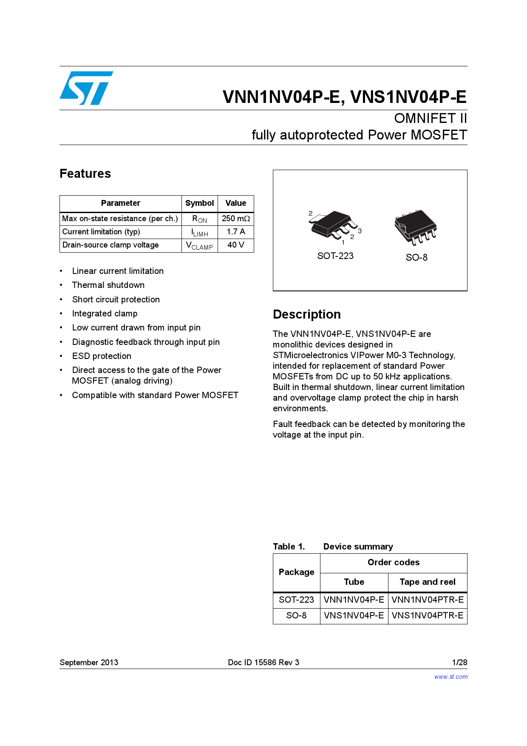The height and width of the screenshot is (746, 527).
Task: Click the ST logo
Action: (x=86, y=88)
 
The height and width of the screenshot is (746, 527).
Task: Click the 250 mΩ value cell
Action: (x=236, y=219)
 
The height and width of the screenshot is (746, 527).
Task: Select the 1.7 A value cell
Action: (x=236, y=232)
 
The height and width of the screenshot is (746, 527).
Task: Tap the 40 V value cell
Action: (x=236, y=245)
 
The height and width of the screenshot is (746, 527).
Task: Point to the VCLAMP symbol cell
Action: (x=199, y=245)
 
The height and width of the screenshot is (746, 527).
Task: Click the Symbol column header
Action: (x=199, y=203)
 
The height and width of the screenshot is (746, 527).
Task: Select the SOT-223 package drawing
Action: (x=334, y=225)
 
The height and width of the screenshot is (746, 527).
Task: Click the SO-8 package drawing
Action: (x=415, y=227)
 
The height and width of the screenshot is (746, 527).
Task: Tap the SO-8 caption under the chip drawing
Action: (x=416, y=257)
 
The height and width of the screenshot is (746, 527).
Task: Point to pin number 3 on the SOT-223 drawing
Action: (x=360, y=231)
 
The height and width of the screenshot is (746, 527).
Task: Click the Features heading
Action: (x=85, y=174)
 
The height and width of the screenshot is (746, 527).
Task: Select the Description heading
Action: (x=307, y=314)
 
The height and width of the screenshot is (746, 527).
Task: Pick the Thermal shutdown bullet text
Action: (x=108, y=285)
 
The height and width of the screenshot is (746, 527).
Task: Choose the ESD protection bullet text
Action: (x=102, y=356)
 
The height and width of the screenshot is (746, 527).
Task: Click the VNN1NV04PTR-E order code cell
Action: (x=428, y=600)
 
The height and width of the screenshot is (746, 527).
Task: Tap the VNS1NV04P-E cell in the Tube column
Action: (x=354, y=615)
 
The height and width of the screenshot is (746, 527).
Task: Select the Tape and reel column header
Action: (x=428, y=582)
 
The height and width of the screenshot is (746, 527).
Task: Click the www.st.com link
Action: (x=451, y=677)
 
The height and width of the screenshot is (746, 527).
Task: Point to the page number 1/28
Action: (x=459, y=662)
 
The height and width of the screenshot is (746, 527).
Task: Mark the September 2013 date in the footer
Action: (x=89, y=662)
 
